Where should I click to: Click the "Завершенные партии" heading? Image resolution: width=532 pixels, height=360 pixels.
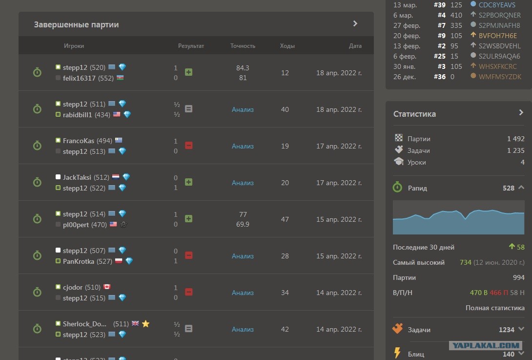(x=76, y=24)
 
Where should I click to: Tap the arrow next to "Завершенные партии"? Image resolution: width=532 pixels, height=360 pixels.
(x=355, y=23)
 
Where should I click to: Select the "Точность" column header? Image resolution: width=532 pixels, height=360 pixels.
(x=243, y=46)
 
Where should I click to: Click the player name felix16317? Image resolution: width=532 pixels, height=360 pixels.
(x=79, y=78)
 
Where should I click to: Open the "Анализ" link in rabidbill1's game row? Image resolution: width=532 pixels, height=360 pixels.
(x=243, y=109)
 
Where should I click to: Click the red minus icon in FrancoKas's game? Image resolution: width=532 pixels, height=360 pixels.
(x=189, y=146)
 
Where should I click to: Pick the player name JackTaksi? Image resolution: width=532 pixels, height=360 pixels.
(x=77, y=177)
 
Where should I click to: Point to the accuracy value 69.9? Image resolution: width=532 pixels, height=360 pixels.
(x=243, y=224)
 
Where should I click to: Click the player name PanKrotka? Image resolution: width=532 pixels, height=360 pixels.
(x=79, y=261)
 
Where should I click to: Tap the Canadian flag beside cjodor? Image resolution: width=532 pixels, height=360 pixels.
(x=107, y=287)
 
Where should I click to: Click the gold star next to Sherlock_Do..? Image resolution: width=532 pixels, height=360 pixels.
(x=145, y=324)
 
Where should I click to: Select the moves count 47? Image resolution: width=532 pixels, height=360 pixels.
(x=285, y=219)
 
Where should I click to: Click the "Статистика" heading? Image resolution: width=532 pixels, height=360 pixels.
(x=414, y=114)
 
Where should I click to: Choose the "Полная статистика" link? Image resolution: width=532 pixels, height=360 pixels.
(x=495, y=308)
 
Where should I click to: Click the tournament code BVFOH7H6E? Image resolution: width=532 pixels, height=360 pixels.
(x=498, y=36)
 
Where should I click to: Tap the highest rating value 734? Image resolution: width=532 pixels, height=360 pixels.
(x=466, y=262)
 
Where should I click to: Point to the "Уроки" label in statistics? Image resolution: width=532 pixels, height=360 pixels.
(x=417, y=162)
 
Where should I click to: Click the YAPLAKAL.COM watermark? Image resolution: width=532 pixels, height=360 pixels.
(x=486, y=345)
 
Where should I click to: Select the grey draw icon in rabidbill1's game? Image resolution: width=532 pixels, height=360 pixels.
(x=189, y=108)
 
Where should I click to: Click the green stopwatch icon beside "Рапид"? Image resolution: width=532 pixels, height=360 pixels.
(x=397, y=187)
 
